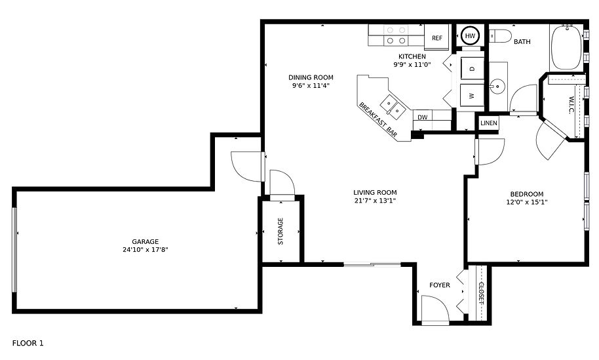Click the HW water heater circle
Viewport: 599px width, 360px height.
(470, 35)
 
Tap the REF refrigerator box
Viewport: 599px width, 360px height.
(437, 37)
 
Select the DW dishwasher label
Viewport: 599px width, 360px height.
(423, 117)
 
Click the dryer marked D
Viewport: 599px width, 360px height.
(472, 69)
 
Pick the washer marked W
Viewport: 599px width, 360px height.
(472, 96)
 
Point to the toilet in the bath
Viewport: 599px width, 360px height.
(500, 35)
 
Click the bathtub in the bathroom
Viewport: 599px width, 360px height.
(566, 47)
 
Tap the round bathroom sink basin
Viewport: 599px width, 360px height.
(498, 87)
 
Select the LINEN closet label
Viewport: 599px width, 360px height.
(489, 123)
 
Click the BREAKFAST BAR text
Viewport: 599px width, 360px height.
(377, 119)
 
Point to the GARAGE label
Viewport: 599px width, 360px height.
(145, 241)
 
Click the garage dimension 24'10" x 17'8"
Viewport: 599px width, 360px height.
(145, 250)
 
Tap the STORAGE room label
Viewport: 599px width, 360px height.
(280, 231)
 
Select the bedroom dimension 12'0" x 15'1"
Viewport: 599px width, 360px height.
(527, 202)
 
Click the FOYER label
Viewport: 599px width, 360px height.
(440, 285)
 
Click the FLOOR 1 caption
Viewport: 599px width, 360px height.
(28, 343)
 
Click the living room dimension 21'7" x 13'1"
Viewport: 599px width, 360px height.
(375, 201)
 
